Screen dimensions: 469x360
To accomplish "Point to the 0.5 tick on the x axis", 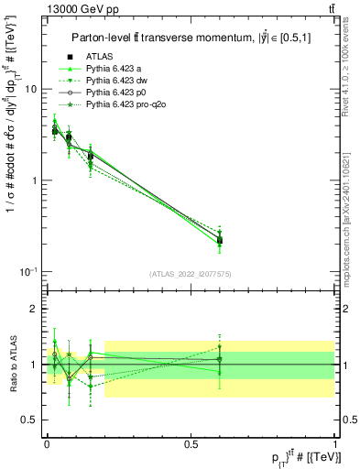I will pos(191,443).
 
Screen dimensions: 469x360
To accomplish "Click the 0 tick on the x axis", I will pos(47,443).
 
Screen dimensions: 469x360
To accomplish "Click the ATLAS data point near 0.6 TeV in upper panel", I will pos(220,241).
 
